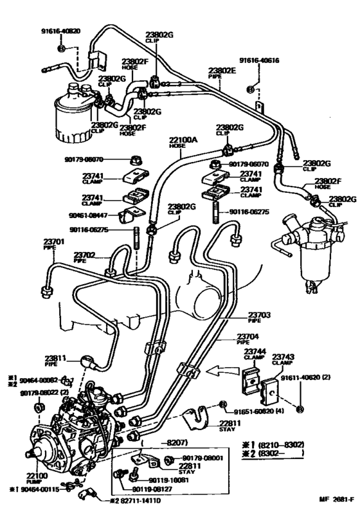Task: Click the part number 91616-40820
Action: click(x=62, y=30)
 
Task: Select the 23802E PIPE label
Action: click(x=222, y=73)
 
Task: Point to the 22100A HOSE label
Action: click(x=183, y=143)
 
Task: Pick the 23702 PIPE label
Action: click(x=84, y=257)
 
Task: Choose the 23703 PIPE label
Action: click(x=261, y=317)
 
